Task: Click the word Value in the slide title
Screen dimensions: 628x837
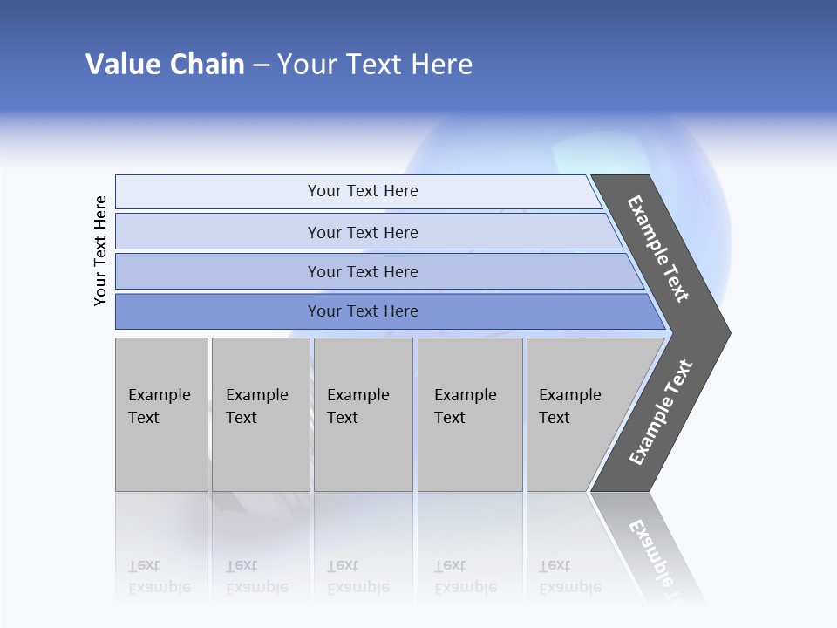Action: coord(121,65)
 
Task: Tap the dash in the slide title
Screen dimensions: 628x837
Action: coord(261,65)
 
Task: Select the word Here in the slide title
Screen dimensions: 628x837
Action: coord(441,65)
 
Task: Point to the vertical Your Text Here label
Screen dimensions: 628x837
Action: coord(100,250)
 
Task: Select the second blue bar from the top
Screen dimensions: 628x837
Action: coord(362,232)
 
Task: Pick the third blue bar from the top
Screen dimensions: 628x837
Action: coord(362,271)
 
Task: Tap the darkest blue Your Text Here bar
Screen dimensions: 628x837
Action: coord(362,311)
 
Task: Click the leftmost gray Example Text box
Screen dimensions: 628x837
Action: coord(161,413)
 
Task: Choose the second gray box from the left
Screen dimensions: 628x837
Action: coord(260,413)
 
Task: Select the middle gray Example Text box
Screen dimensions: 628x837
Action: coord(363,413)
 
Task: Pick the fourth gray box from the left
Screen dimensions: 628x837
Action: coord(469,413)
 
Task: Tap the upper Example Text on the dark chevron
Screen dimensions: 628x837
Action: coord(658,249)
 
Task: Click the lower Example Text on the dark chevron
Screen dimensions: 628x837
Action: coord(660,413)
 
